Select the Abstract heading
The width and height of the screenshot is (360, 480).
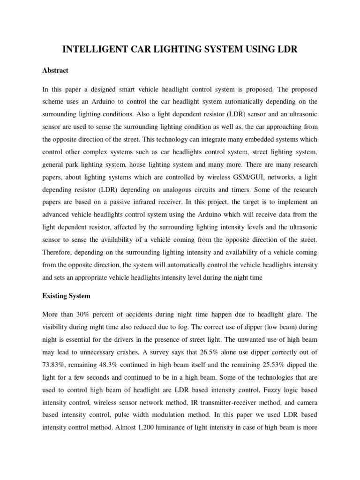55,70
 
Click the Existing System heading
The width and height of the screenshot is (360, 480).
66,296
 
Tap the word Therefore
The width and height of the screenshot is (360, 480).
58,252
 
